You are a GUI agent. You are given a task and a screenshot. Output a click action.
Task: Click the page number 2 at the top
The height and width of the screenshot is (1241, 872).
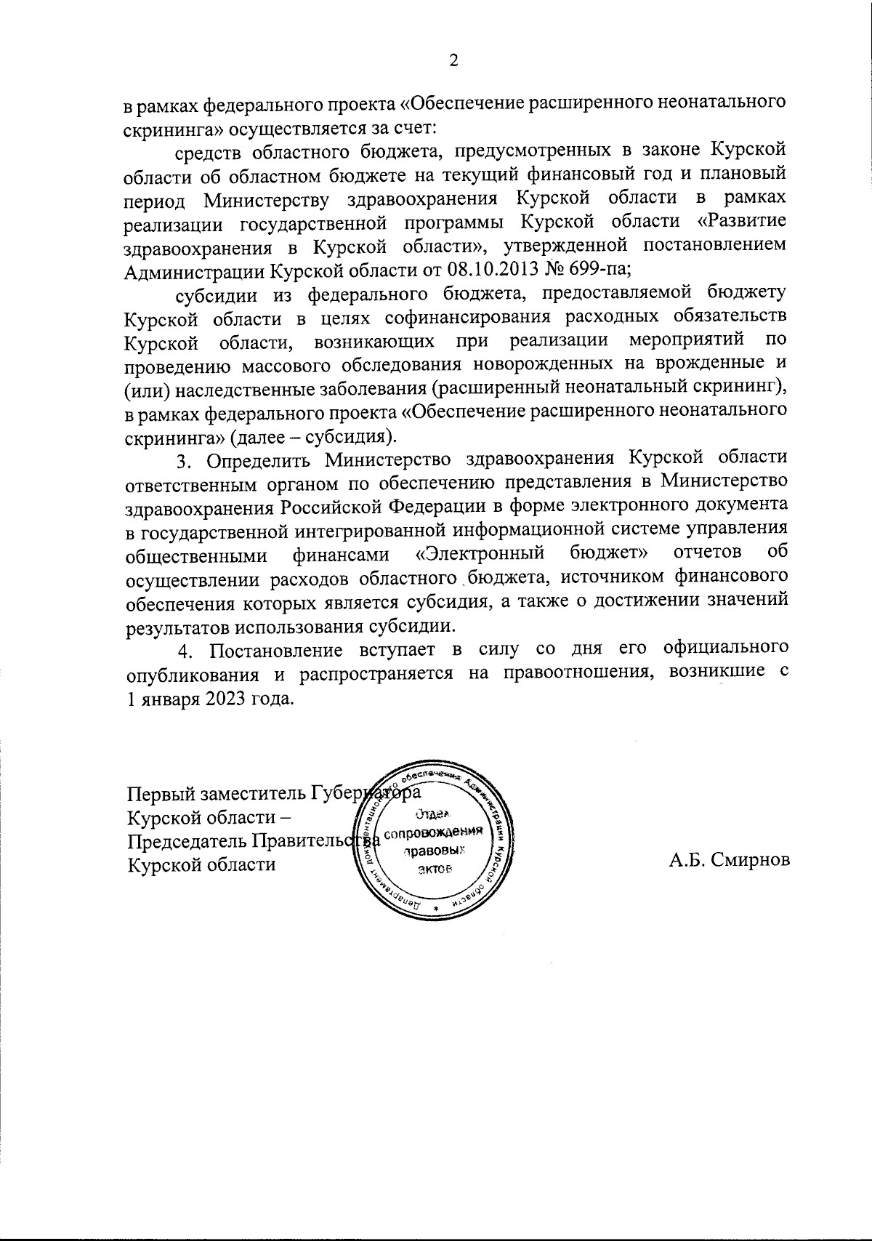pyautogui.click(x=453, y=61)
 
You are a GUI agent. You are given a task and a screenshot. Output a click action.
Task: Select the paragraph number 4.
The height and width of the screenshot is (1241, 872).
pyautogui.click(x=183, y=649)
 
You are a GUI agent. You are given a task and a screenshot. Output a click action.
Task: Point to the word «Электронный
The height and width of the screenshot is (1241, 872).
pyautogui.click(x=481, y=555)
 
